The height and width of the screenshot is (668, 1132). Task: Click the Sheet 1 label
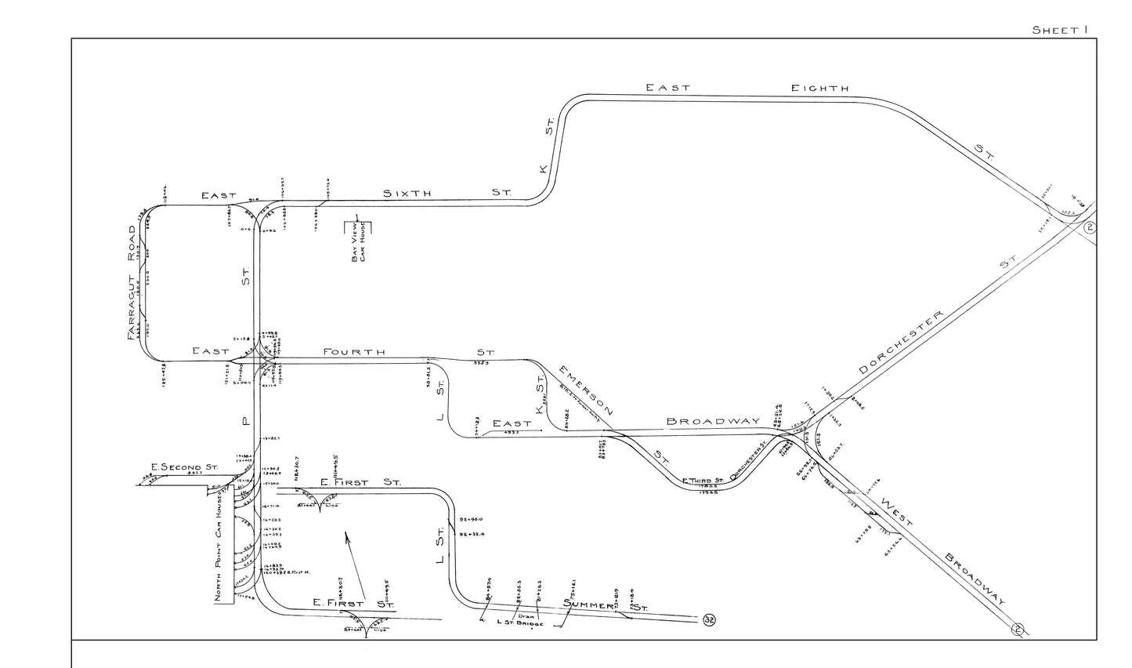coord(1061,30)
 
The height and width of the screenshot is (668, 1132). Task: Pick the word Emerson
coord(586,389)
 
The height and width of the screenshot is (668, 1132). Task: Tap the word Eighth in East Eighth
coord(819,88)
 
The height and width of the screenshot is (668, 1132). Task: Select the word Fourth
coord(354,352)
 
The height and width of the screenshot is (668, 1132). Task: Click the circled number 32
coord(710,620)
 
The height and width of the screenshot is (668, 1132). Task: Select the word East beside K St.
coord(511,423)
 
